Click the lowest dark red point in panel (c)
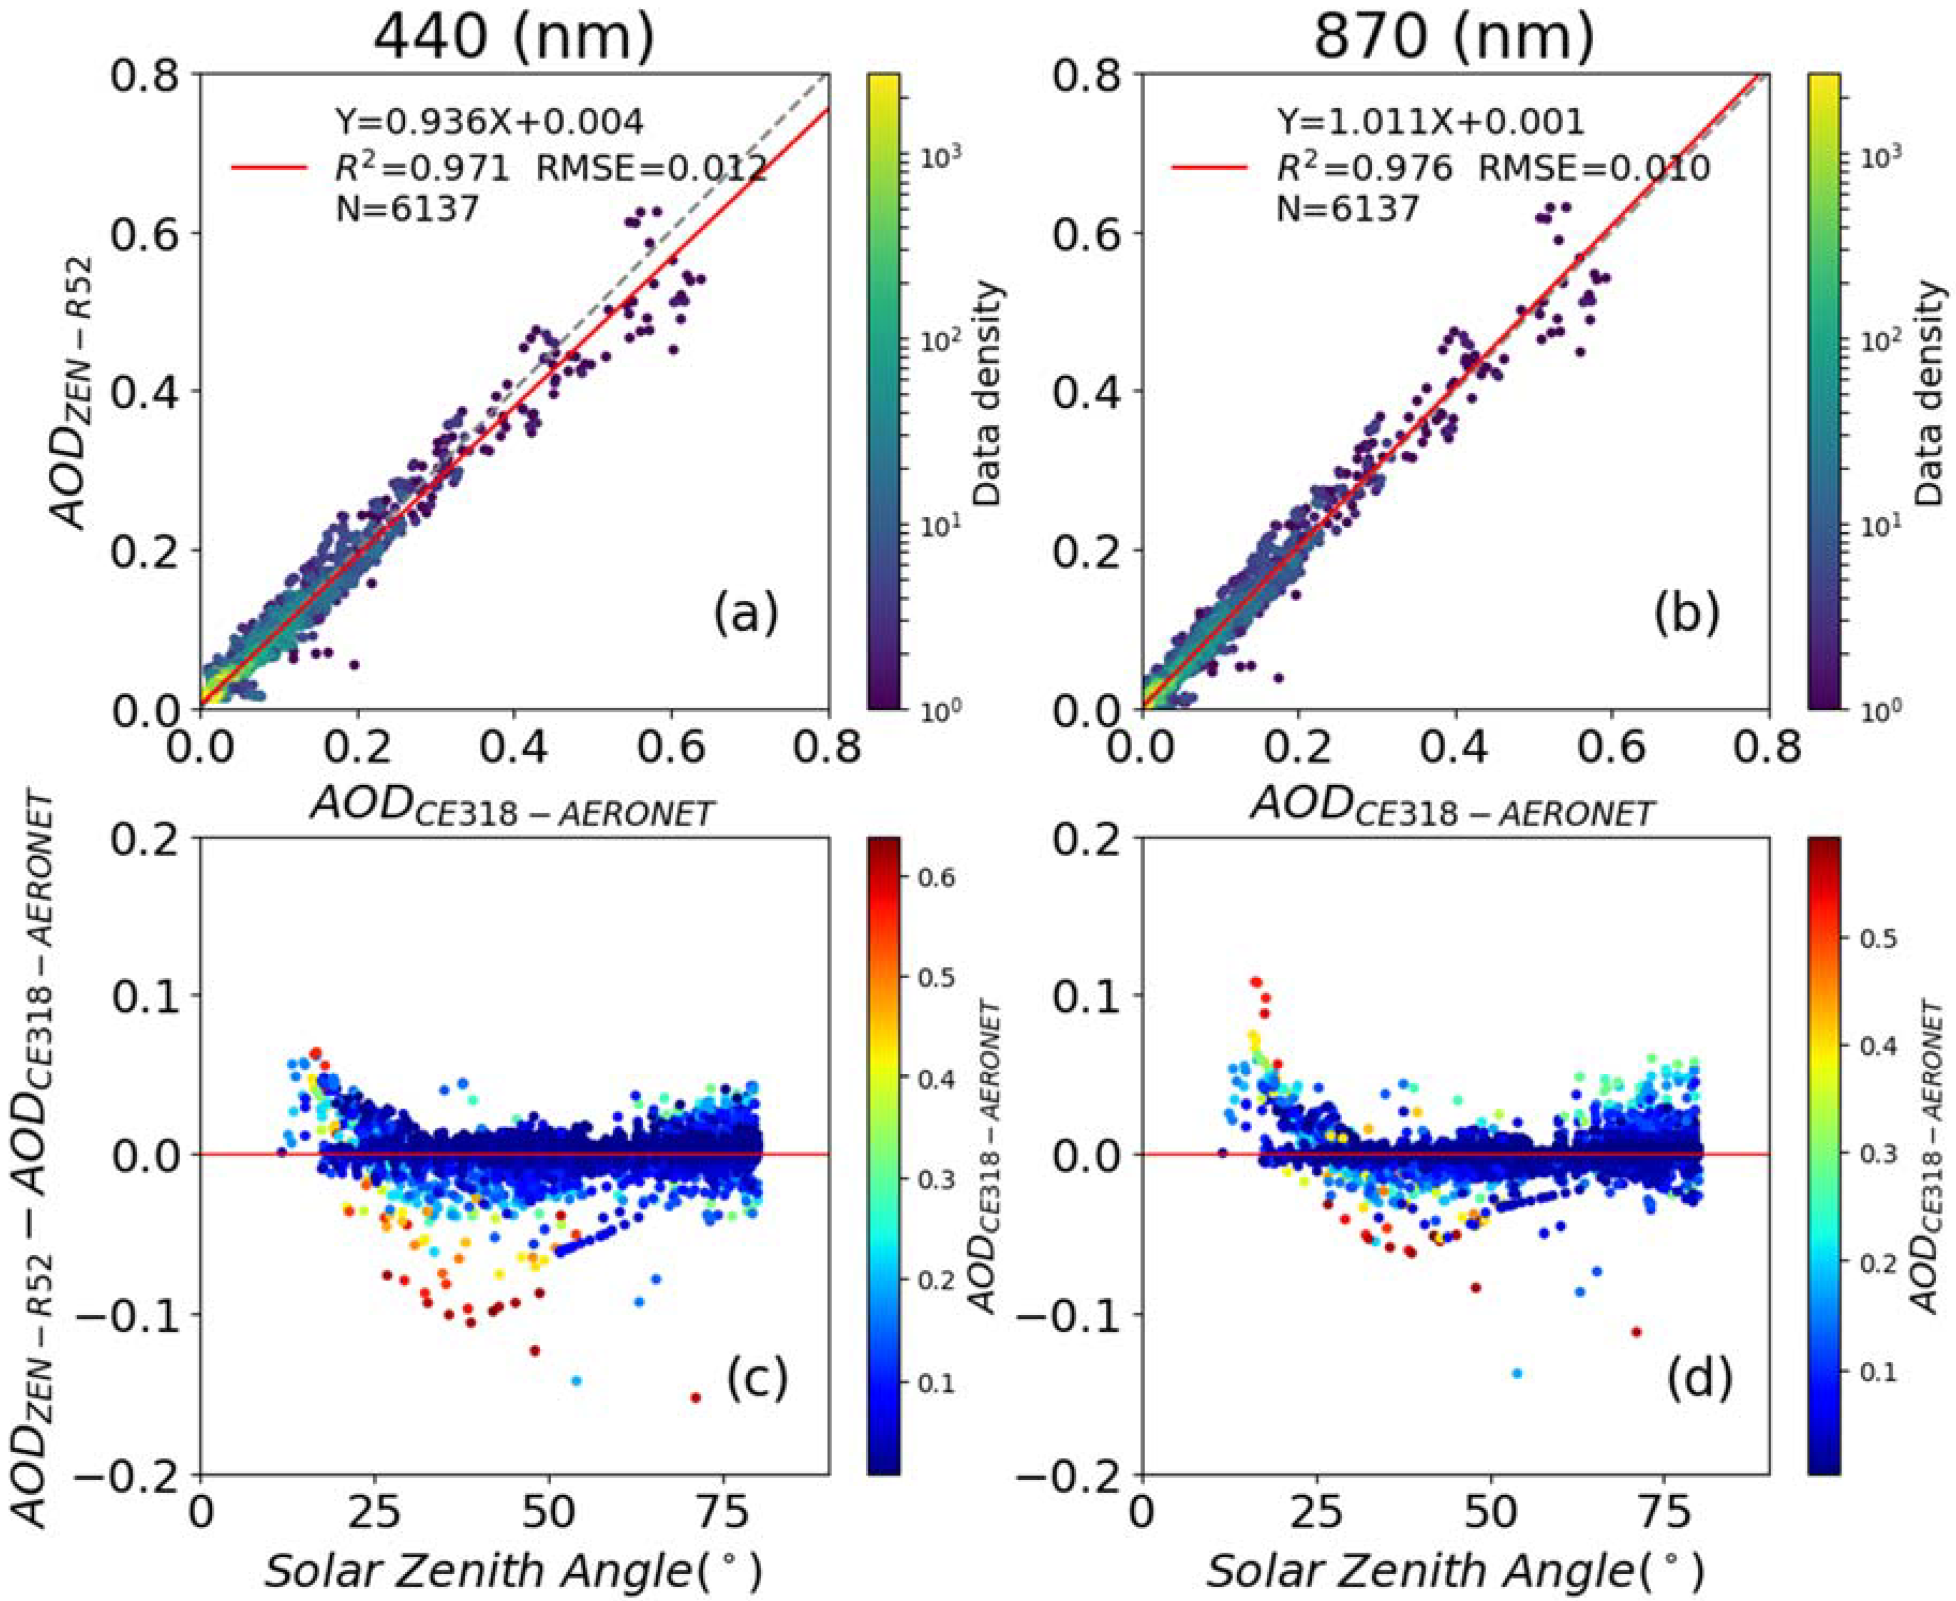click(695, 1398)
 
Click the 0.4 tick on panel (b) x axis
click(1454, 747)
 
